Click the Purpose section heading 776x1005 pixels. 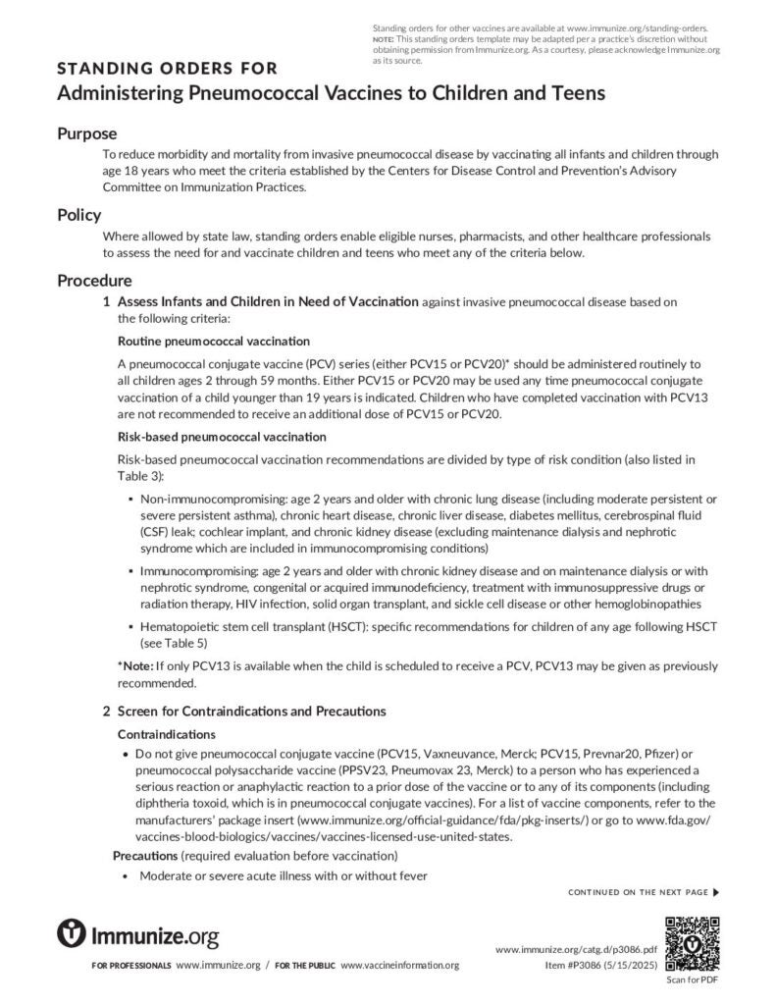(86, 133)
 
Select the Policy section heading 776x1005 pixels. (78, 215)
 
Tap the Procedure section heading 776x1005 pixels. (94, 281)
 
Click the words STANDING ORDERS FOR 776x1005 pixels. (167, 69)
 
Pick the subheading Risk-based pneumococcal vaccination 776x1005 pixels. (222, 436)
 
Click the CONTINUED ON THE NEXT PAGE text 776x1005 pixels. (638, 892)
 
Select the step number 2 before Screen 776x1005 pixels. (106, 711)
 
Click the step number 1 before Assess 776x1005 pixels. (106, 301)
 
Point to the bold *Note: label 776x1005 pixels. (135, 665)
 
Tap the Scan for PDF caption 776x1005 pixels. (693, 979)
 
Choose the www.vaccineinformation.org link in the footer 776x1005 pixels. (399, 966)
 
